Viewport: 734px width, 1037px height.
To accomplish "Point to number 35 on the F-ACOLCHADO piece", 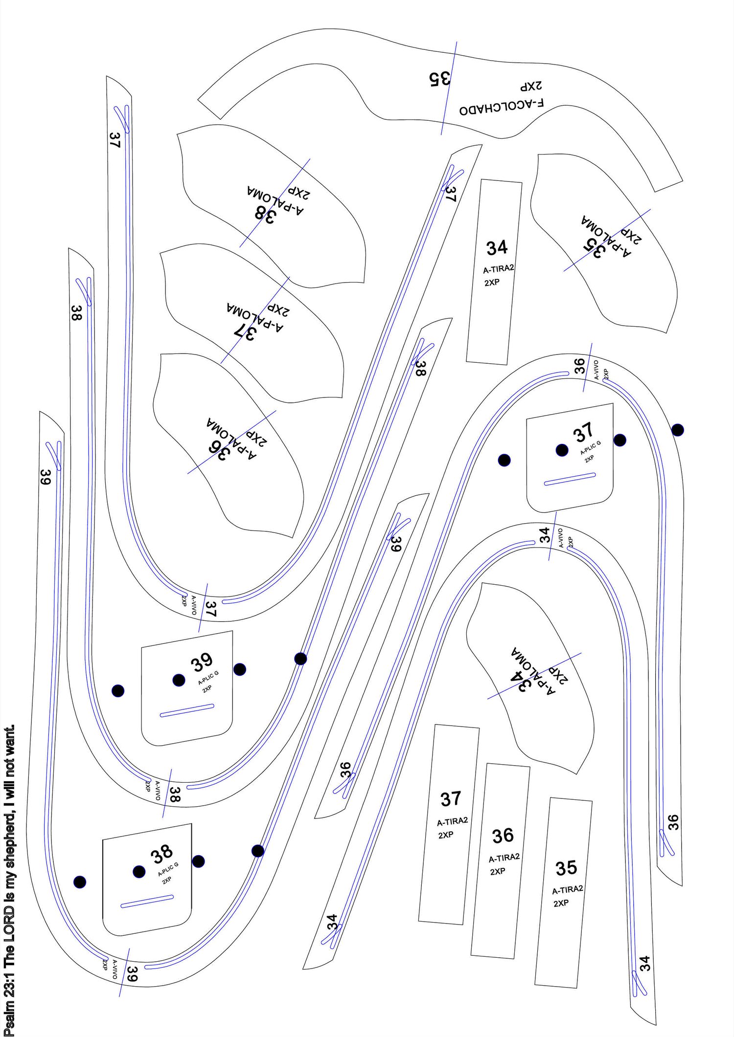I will coord(439,78).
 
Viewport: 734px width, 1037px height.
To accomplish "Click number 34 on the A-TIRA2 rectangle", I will coord(497,248).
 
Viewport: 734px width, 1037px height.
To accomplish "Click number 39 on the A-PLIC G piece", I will coord(201,663).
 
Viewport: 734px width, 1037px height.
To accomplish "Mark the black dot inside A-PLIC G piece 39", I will coord(179,680).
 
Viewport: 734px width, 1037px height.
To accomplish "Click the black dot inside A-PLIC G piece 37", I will coord(562,450).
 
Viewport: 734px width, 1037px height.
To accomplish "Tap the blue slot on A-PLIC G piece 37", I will coord(570,479).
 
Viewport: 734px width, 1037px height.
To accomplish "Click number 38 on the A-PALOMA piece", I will coord(264,213).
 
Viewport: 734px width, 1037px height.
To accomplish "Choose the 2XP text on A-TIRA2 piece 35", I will coord(561,903).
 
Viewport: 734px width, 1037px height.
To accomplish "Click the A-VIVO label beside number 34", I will coord(561,538).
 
